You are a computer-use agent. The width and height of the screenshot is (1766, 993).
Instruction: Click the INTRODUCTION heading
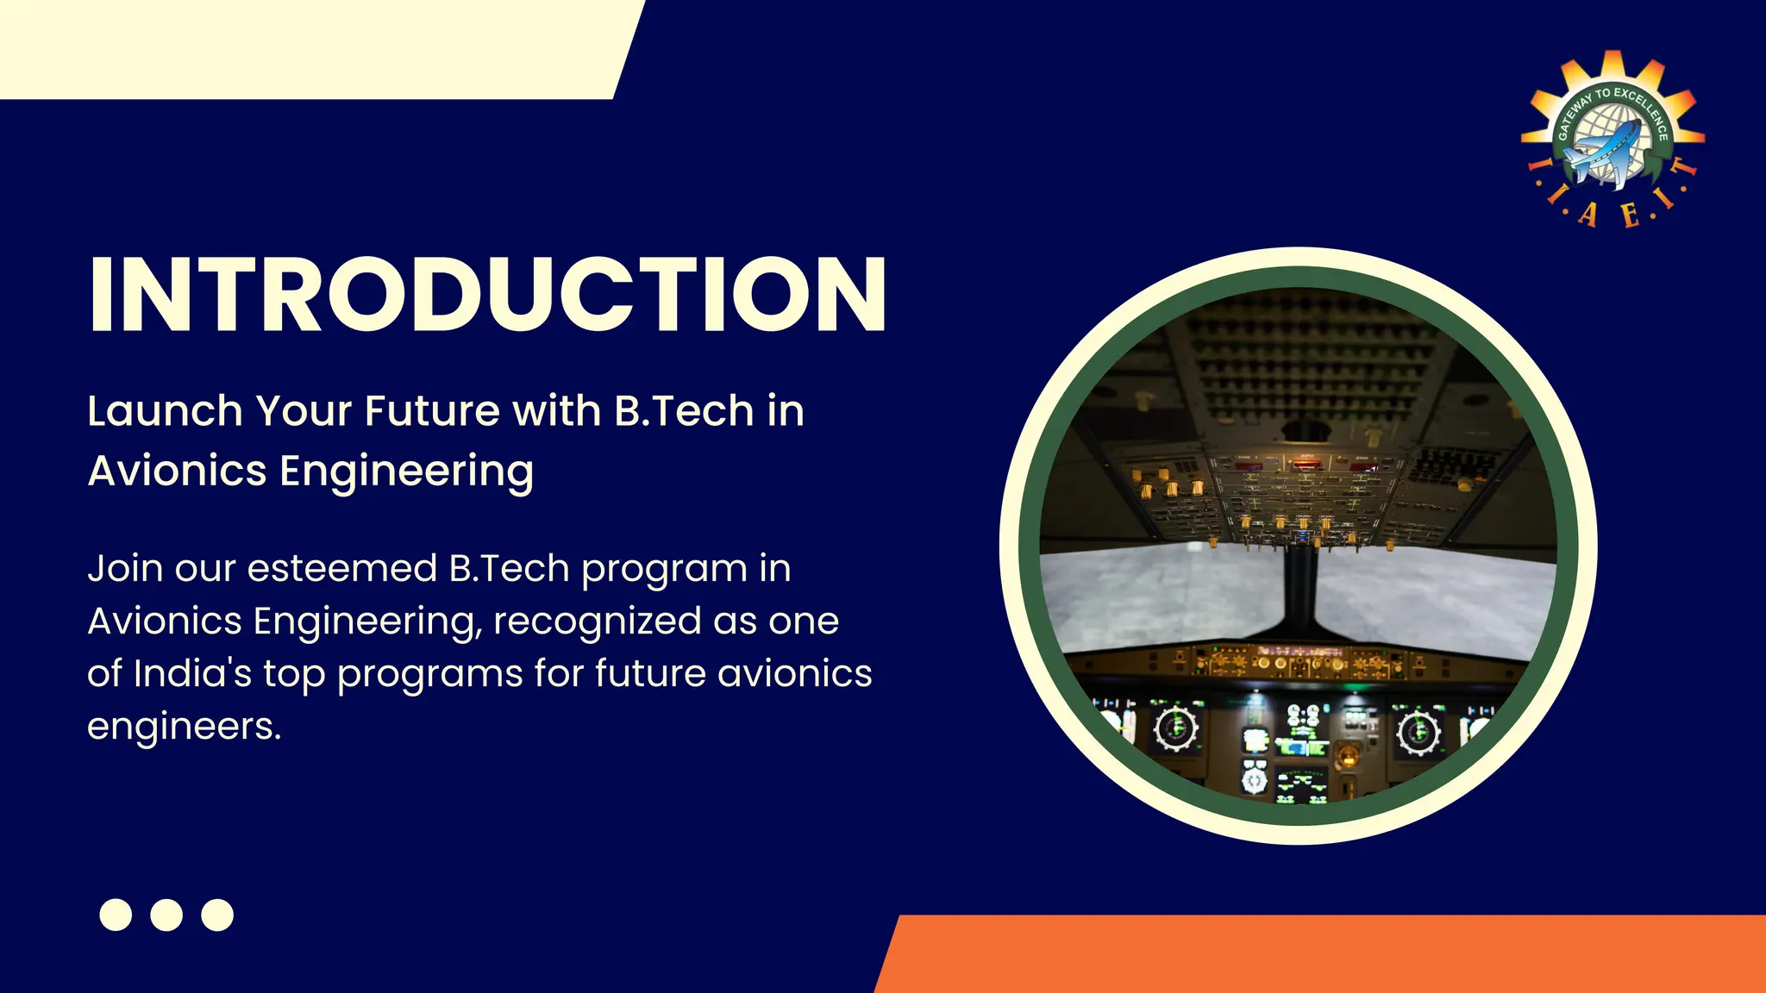(x=487, y=295)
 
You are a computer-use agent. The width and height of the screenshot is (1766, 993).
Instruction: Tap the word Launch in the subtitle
(x=165, y=410)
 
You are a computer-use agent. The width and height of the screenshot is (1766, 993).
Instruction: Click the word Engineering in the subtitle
(x=406, y=472)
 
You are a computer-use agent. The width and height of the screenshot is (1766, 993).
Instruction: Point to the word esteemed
(x=342, y=569)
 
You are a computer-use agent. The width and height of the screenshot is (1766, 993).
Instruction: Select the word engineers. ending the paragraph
(x=184, y=727)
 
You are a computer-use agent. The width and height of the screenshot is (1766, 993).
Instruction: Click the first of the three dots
(x=116, y=915)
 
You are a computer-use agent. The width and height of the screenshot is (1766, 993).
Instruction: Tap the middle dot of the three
(x=166, y=915)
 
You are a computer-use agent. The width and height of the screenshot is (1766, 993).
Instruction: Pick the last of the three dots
(x=217, y=915)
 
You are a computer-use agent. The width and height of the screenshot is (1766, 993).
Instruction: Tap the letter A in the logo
(x=1588, y=215)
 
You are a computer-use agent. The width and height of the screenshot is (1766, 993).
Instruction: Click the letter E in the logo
(x=1629, y=215)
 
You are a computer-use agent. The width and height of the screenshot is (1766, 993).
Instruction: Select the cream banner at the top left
(x=310, y=48)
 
